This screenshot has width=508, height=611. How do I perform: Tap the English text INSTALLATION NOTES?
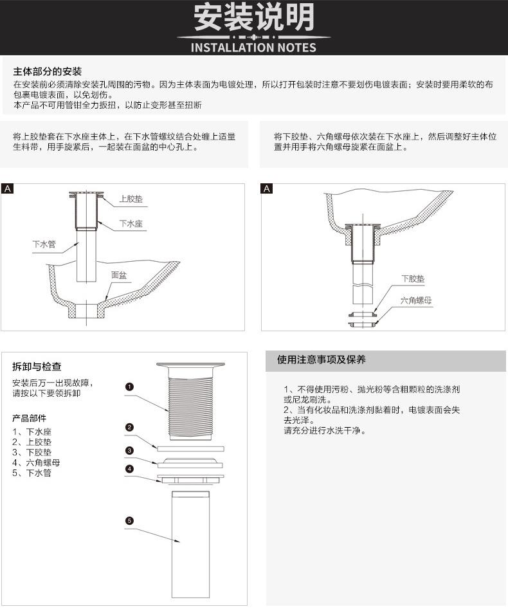pyautogui.click(x=254, y=48)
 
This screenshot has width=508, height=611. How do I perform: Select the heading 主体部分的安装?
pyautogui.click(x=48, y=71)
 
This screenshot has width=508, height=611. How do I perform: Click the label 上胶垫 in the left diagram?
pyautogui.click(x=131, y=199)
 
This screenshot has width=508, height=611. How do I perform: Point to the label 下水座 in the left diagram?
pyautogui.click(x=131, y=224)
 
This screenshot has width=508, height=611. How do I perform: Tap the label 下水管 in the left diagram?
pyautogui.click(x=44, y=244)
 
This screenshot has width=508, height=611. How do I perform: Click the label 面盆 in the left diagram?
pyautogui.click(x=119, y=275)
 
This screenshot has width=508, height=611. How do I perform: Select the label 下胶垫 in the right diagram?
pyautogui.click(x=413, y=278)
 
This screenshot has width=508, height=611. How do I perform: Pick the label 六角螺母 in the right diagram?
pyautogui.click(x=416, y=300)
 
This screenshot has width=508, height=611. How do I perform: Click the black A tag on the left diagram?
pyautogui.click(x=7, y=188)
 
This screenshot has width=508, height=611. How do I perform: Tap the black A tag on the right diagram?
pyautogui.click(x=267, y=188)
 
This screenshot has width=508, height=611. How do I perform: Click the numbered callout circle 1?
pyautogui.click(x=129, y=387)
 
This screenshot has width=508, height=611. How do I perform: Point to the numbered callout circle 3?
pyautogui.click(x=129, y=450)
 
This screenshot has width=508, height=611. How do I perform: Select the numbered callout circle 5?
pyautogui.click(x=129, y=520)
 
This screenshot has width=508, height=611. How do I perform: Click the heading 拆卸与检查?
pyautogui.click(x=37, y=367)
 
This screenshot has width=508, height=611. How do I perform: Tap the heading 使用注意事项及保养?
pyautogui.click(x=322, y=360)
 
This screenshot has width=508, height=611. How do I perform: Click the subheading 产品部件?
pyautogui.click(x=30, y=418)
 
